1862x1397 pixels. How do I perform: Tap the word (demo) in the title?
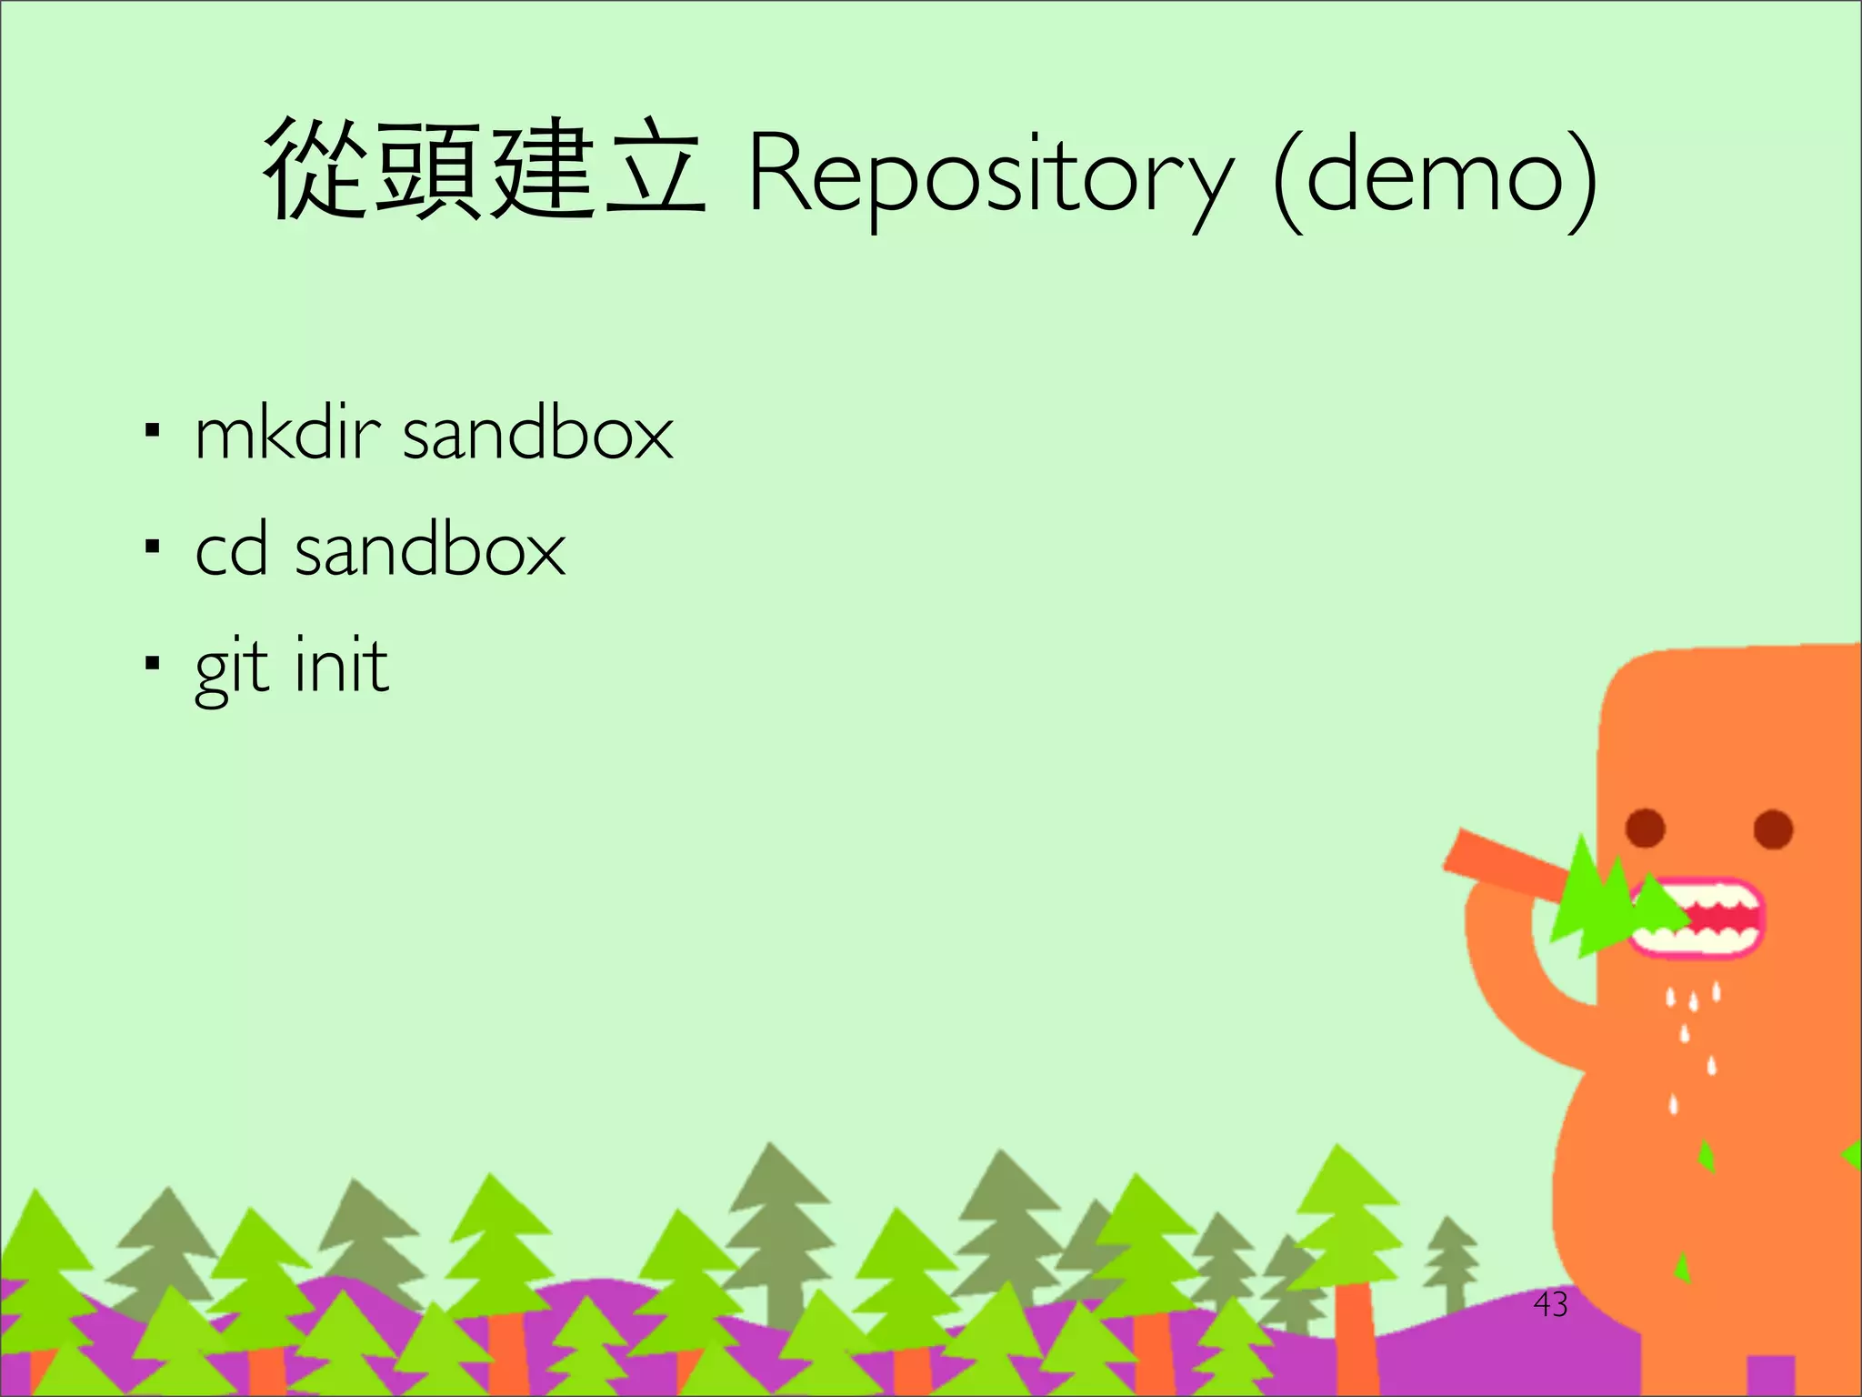click(1435, 177)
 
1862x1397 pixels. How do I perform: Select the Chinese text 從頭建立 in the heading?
click(484, 171)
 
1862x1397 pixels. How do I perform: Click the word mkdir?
click(286, 434)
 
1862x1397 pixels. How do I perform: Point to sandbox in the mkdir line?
click(537, 434)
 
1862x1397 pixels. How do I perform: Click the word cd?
click(232, 550)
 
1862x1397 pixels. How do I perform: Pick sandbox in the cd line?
click(430, 550)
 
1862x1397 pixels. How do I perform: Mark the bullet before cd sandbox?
click(152, 547)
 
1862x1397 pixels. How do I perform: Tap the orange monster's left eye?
click(1645, 828)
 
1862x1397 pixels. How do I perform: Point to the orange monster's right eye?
click(1772, 829)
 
